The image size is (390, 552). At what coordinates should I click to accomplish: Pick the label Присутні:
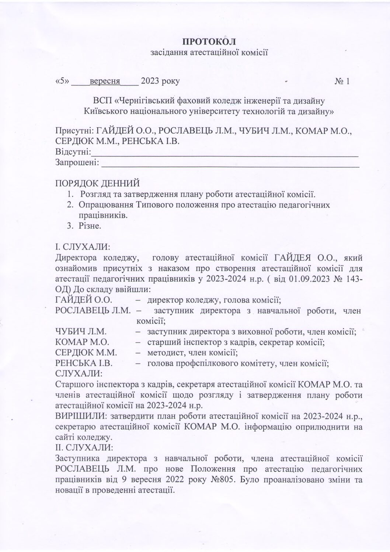[x=75, y=131]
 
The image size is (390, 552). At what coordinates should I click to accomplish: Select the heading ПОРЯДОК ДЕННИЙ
[x=97, y=183]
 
